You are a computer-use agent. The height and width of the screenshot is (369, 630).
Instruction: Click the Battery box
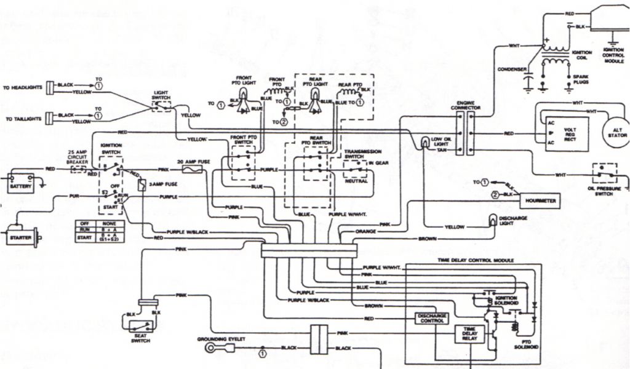tap(21, 184)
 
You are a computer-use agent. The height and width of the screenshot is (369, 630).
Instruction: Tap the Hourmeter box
tap(539, 202)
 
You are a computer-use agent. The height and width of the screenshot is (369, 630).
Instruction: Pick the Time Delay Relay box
tap(469, 334)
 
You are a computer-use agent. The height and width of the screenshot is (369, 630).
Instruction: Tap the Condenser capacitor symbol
tap(527, 81)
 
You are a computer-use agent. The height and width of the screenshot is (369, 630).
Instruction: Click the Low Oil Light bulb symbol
tap(424, 143)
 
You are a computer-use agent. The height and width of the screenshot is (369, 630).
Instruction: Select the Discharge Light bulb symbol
tap(492, 220)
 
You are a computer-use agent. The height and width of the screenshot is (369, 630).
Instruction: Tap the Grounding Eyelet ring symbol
tap(212, 349)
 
